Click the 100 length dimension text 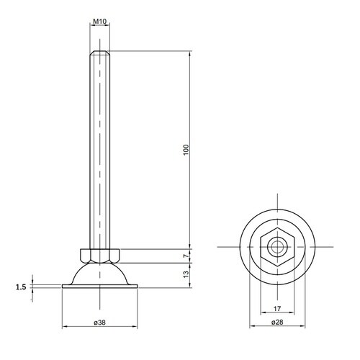pyautogui.click(x=185, y=150)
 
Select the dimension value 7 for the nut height pyautogui.click(x=185, y=256)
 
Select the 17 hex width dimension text pyautogui.click(x=276, y=311)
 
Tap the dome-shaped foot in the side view pyautogui.click(x=101, y=274)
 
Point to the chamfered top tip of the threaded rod pyautogui.click(x=101, y=53)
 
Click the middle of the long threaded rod pyautogui.click(x=101, y=151)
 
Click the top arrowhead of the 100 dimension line pyautogui.click(x=190, y=54)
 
